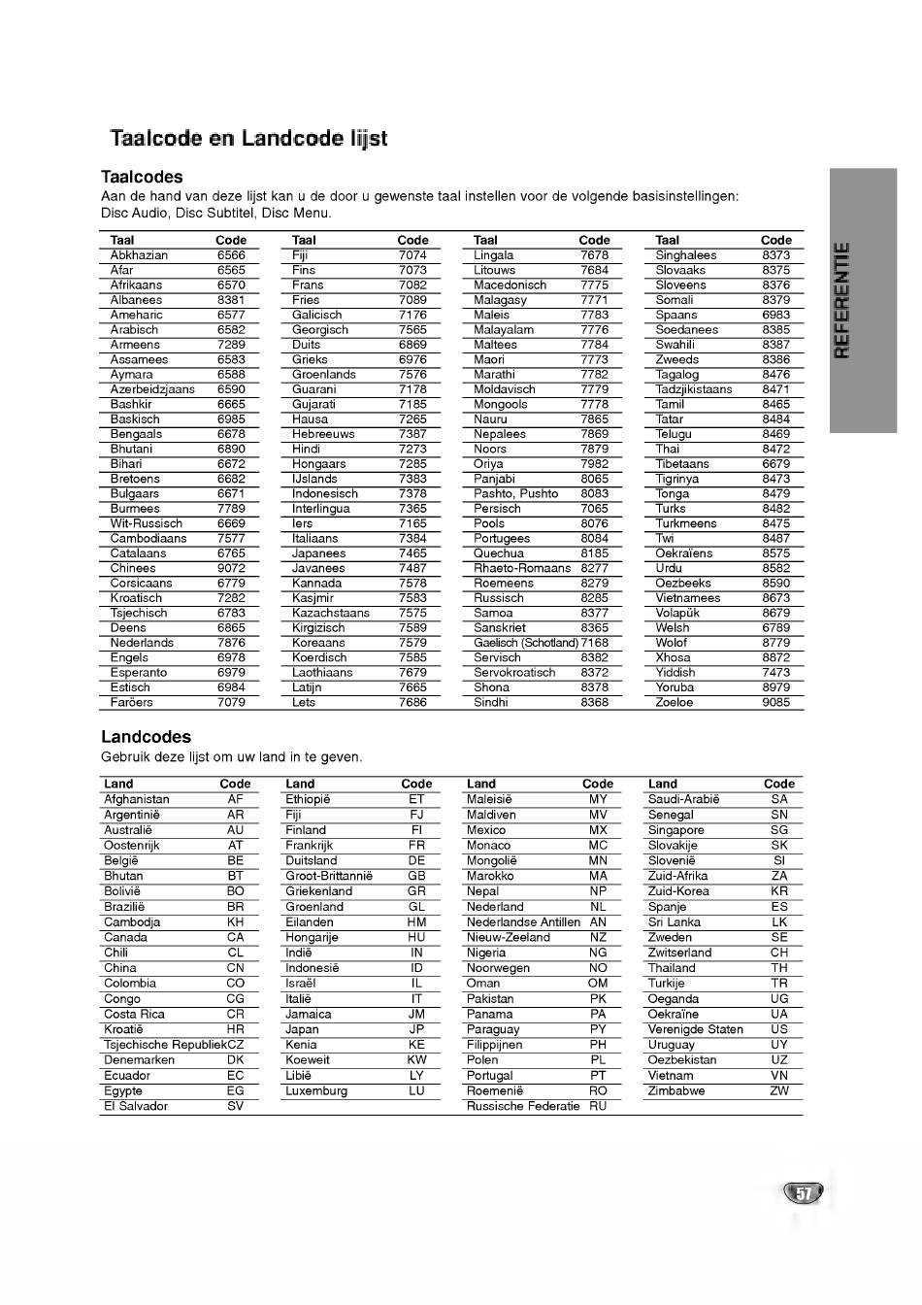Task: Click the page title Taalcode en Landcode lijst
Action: pyautogui.click(x=248, y=138)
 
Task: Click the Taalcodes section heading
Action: pyautogui.click(x=142, y=177)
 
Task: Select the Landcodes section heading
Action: pyautogui.click(x=146, y=737)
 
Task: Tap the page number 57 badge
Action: pyautogui.click(x=803, y=1193)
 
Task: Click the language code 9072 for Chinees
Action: pyautogui.click(x=231, y=568)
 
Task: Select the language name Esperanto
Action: pyautogui.click(x=138, y=672)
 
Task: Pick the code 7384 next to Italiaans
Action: pyautogui.click(x=412, y=538)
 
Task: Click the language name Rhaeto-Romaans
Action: pyautogui.click(x=522, y=568)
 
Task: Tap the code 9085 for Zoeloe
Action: pyautogui.click(x=775, y=702)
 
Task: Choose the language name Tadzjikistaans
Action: pyautogui.click(x=694, y=389)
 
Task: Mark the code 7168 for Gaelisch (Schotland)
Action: pyautogui.click(x=595, y=643)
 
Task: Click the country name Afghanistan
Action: pyautogui.click(x=137, y=799)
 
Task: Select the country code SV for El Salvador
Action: pyautogui.click(x=236, y=1106)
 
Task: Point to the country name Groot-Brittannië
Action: pyautogui.click(x=329, y=876)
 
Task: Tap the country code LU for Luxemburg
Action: pyautogui.click(x=416, y=1090)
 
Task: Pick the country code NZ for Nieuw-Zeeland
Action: pyautogui.click(x=598, y=937)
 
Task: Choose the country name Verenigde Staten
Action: pyautogui.click(x=696, y=1029)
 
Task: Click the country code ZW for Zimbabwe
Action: pyautogui.click(x=779, y=1090)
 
